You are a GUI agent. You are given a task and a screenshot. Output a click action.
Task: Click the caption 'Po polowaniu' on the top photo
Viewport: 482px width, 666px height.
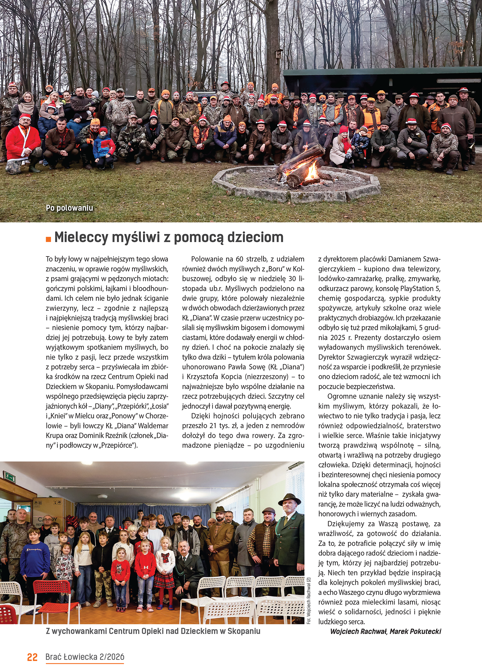coord(69,208)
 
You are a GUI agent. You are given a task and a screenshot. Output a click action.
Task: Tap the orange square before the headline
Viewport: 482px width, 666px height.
coord(49,239)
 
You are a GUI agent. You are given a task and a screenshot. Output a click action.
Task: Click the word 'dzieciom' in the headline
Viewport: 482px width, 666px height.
coord(255,238)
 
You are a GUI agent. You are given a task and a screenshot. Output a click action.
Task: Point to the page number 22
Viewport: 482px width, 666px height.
coord(32,657)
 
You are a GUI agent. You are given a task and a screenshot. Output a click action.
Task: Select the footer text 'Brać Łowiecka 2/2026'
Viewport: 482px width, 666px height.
coord(85,657)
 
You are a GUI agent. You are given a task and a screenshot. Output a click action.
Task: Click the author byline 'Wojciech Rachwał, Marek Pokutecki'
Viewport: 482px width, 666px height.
coord(386,631)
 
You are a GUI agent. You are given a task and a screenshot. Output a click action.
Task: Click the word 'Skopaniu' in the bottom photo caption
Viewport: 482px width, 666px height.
coord(244,631)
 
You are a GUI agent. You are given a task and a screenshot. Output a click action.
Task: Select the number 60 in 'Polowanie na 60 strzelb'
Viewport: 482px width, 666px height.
coord(239,259)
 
